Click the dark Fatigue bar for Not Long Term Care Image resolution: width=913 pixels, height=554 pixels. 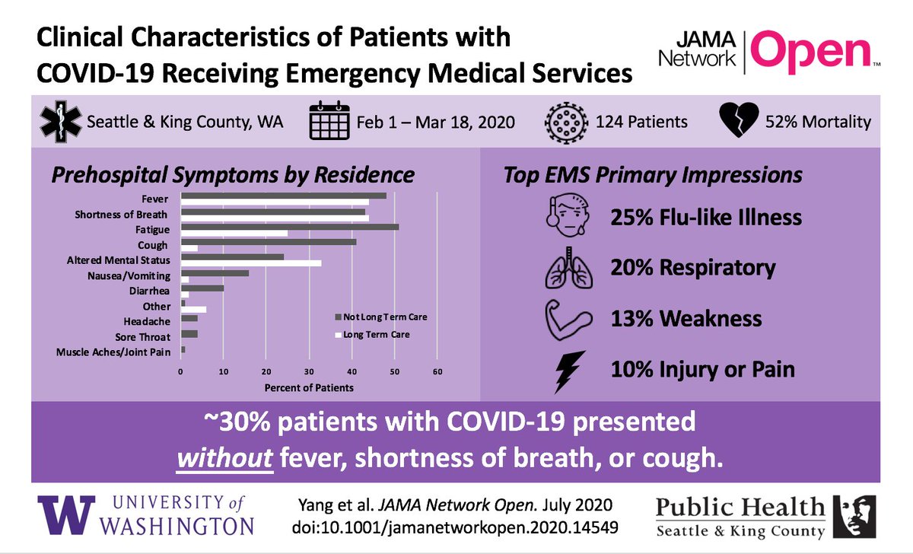coord(289,227)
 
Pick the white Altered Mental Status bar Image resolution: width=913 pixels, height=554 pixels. coord(251,263)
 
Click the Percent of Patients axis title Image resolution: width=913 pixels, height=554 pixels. coord(308,387)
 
